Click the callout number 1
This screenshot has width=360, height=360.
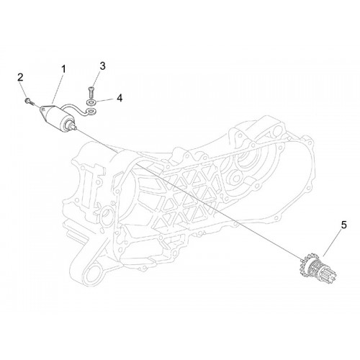tap(63, 69)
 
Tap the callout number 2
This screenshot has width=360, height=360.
tap(20, 78)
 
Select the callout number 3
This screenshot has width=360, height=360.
tap(102, 66)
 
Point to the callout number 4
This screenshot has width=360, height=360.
tap(120, 98)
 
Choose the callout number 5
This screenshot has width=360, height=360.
tap(344, 225)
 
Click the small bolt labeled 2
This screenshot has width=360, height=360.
tap(28, 101)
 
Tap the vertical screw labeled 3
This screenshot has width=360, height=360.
tap(91, 93)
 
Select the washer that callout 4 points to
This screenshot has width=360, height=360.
tap(91, 103)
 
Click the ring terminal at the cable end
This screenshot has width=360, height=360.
tap(91, 111)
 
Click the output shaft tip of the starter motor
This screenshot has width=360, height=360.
tap(75, 128)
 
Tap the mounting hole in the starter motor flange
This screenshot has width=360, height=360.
tap(42, 109)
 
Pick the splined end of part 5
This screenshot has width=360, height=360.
tap(329, 274)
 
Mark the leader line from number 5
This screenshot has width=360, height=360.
tap(333, 243)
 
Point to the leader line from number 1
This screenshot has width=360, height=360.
tap(57, 90)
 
